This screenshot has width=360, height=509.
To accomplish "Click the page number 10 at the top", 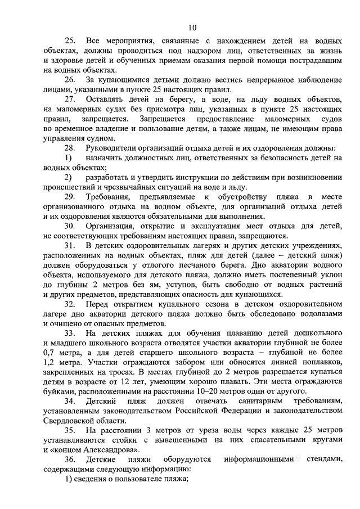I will pyautogui.click(x=192, y=27).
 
